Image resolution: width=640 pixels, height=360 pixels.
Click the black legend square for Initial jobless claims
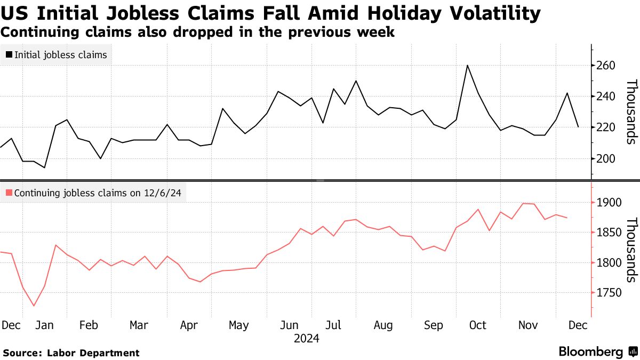click(x=9, y=54)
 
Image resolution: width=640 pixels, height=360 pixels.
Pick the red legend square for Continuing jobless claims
click(x=9, y=193)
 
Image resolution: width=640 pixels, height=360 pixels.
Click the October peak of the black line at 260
click(x=467, y=66)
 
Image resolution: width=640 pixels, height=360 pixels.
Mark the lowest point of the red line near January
click(x=34, y=306)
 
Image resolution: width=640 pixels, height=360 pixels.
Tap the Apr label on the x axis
click(x=190, y=325)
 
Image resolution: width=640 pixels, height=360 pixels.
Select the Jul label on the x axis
click(x=333, y=325)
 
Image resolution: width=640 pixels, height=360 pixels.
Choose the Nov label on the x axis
click(x=529, y=325)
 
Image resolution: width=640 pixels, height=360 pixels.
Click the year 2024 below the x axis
click(x=307, y=339)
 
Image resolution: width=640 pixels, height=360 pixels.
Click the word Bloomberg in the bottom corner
click(x=590, y=352)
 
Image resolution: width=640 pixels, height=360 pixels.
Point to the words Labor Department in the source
click(x=93, y=353)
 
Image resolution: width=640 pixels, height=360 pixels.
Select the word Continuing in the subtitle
click(x=39, y=32)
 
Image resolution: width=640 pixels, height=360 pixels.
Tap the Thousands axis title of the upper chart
click(x=631, y=111)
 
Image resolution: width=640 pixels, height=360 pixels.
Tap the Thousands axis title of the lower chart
click(x=631, y=250)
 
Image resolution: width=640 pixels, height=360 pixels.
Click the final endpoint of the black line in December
click(x=578, y=126)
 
